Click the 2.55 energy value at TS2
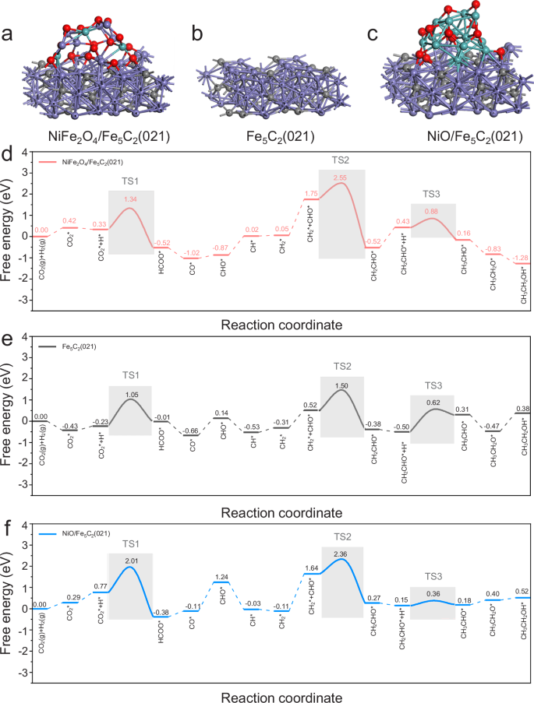point(340,178)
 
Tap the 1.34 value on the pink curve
point(130,200)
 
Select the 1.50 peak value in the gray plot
point(340,385)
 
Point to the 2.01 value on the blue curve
point(130,561)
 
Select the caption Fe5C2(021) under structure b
point(268,137)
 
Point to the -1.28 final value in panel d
point(520,258)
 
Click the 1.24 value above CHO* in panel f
point(221,576)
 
